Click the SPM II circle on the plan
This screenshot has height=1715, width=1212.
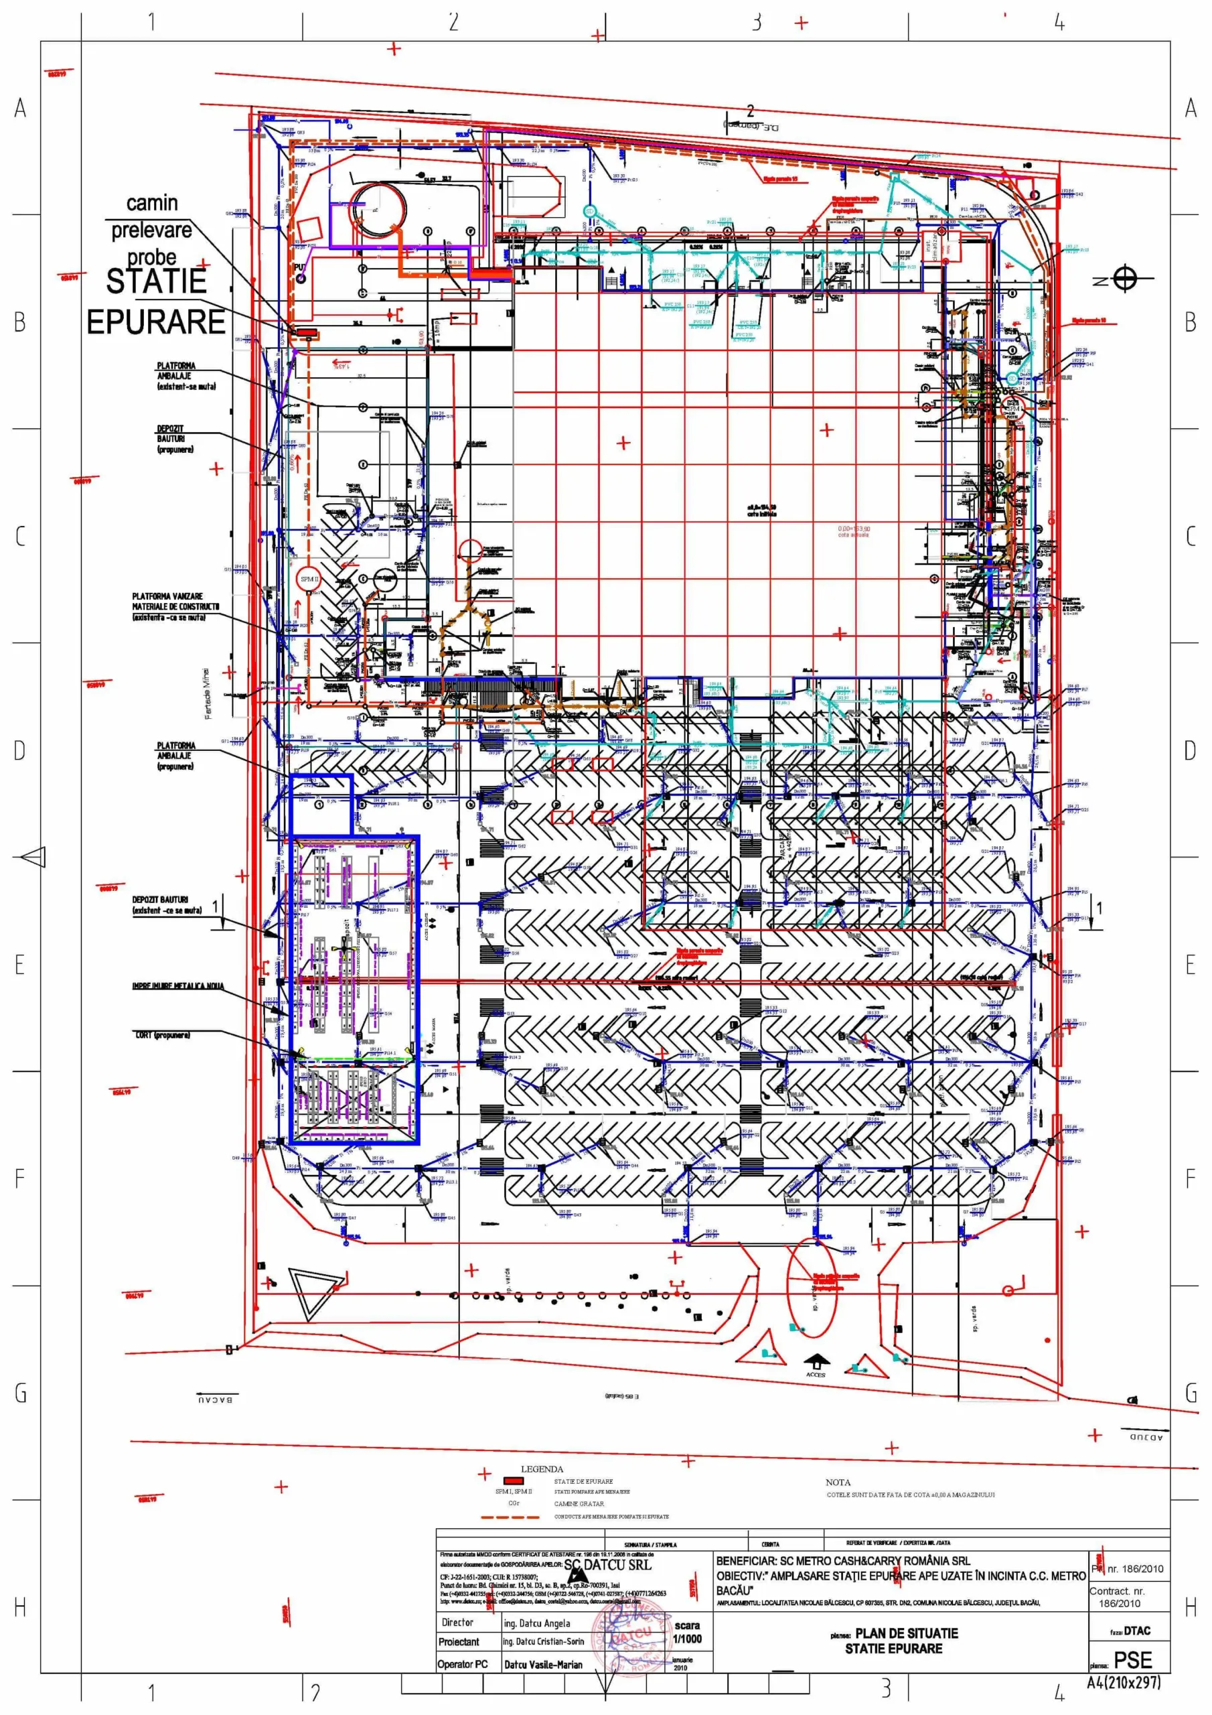pyautogui.click(x=309, y=579)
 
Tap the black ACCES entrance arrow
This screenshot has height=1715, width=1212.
pyautogui.click(x=816, y=1360)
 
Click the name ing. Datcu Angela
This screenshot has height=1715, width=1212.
pyautogui.click(x=536, y=1623)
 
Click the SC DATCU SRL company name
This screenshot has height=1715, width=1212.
pyautogui.click(x=607, y=1565)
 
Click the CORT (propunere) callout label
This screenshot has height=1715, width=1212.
pyautogui.click(x=162, y=1035)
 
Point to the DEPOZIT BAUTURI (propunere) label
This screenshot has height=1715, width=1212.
pyautogui.click(x=175, y=439)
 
